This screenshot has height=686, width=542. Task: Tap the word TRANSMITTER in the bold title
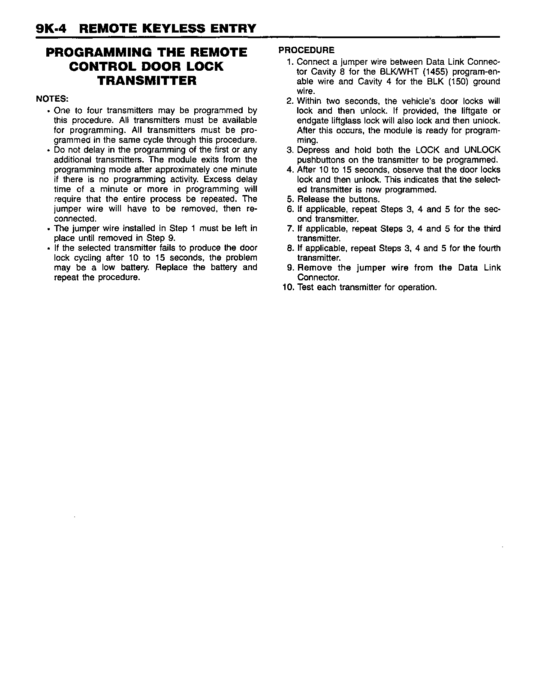[147, 81]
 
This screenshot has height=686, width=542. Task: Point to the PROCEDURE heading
[306, 50]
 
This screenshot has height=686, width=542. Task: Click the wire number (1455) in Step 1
[427, 72]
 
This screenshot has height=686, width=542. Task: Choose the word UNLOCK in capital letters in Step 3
[482, 150]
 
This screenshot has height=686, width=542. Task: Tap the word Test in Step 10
[305, 287]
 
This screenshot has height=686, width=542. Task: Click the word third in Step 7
[492, 229]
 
